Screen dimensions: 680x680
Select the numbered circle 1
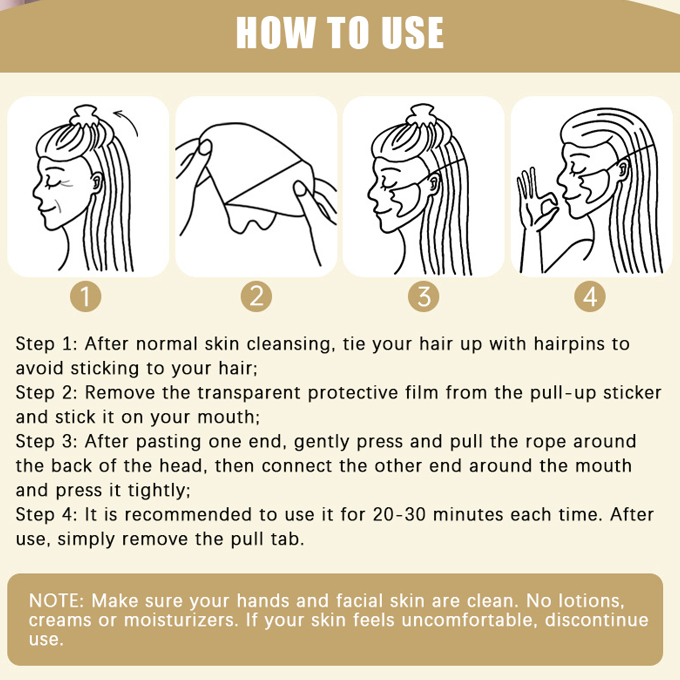coord(85,296)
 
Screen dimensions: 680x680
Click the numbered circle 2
coord(256,296)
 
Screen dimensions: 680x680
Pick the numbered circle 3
coord(424,296)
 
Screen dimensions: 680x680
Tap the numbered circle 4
coord(590,296)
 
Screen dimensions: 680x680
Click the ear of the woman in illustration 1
coord(96,182)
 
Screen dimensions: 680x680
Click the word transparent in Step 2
coord(249,393)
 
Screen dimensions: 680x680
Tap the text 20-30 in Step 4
coord(399,515)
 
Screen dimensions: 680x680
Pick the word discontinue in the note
coord(597,620)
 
